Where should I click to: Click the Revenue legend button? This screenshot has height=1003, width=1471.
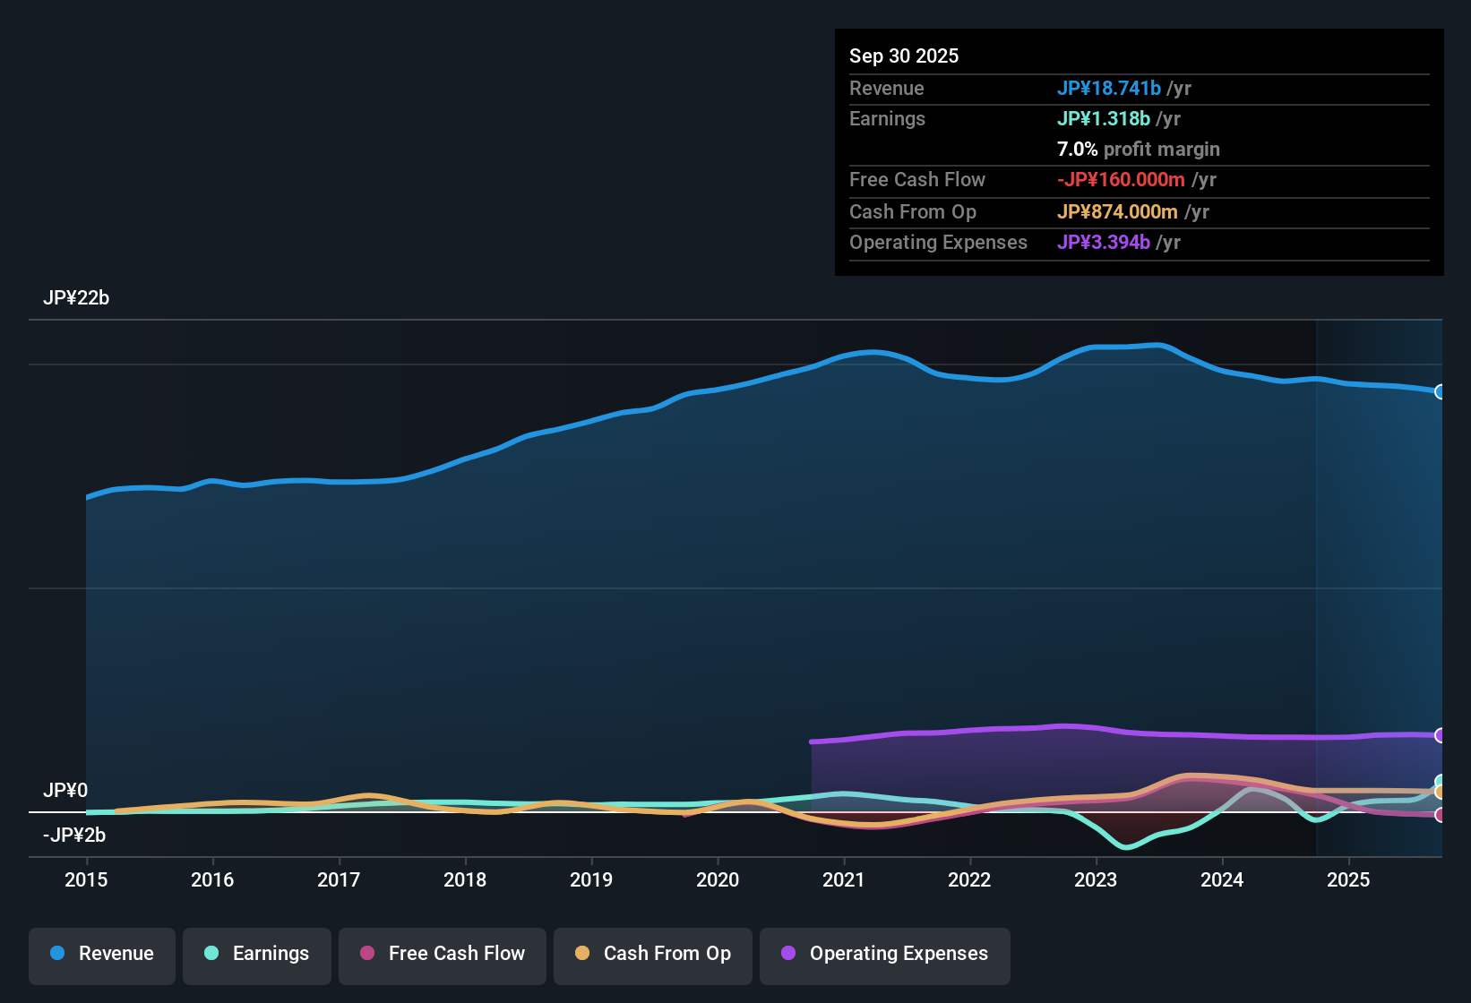(102, 954)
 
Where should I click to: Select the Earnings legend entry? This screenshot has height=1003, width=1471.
(257, 954)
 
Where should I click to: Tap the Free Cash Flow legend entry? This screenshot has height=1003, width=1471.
(443, 954)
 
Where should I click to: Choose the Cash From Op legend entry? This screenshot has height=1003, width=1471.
(653, 954)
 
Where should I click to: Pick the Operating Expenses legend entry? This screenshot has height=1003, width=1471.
(885, 954)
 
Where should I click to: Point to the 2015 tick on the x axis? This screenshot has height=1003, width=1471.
(86, 879)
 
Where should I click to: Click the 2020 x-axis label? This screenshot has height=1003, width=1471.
(718, 879)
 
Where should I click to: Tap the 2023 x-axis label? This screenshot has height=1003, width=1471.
(1096, 879)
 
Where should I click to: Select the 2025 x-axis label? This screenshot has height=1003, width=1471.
(1348, 879)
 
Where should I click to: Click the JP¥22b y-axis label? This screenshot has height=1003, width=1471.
(76, 298)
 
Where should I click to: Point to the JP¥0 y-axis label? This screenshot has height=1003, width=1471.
(65, 791)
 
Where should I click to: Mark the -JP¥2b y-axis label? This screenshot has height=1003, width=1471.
(74, 836)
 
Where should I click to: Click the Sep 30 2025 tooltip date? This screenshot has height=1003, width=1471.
(904, 56)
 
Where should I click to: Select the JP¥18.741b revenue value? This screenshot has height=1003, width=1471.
(1108, 88)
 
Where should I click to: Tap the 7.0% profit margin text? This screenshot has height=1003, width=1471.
(1138, 150)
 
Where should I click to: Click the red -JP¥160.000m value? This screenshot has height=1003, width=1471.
(1121, 180)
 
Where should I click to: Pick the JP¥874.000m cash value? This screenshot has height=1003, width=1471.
(1117, 212)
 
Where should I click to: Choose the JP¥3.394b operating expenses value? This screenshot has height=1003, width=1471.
(1103, 243)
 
